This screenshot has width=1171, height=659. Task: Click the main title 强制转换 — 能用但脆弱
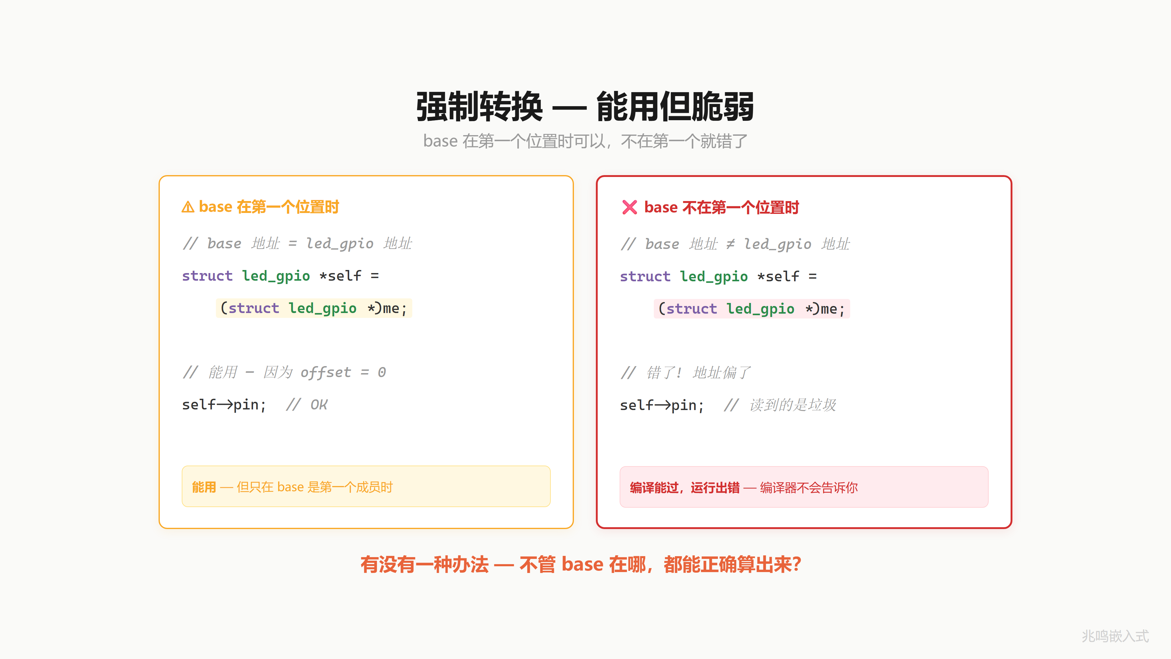click(x=585, y=106)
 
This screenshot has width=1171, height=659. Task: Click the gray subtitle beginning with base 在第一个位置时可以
click(x=585, y=141)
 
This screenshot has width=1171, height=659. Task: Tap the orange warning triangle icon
click(x=188, y=207)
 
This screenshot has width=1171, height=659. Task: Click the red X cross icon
click(x=630, y=207)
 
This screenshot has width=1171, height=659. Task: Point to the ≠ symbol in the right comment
click(x=730, y=244)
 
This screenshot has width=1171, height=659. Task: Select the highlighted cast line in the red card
click(x=751, y=309)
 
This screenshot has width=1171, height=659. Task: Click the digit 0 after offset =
click(x=382, y=373)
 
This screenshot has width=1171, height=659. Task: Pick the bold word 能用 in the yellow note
click(x=204, y=487)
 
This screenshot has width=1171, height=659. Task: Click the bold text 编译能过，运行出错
click(x=685, y=488)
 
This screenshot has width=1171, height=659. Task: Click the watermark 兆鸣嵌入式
click(x=1115, y=636)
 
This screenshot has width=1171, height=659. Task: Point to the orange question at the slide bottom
click(x=581, y=564)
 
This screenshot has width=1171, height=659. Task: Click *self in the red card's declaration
click(x=778, y=276)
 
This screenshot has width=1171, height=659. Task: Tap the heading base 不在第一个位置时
click(x=722, y=207)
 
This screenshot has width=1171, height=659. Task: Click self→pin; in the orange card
click(x=224, y=405)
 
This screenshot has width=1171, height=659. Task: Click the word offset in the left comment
click(x=326, y=373)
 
